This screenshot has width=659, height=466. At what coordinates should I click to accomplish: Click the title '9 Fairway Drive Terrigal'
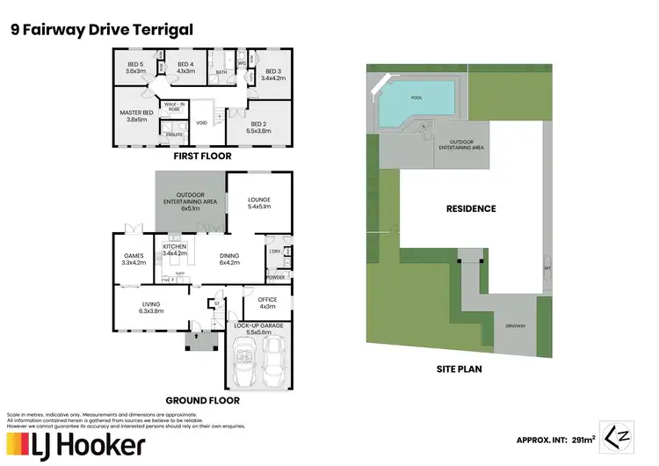coord(101,30)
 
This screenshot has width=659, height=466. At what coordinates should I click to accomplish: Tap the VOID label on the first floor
coord(202,123)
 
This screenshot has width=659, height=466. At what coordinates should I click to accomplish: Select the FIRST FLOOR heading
coord(202,156)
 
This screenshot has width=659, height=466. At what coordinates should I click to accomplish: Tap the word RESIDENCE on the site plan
coord(470,208)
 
